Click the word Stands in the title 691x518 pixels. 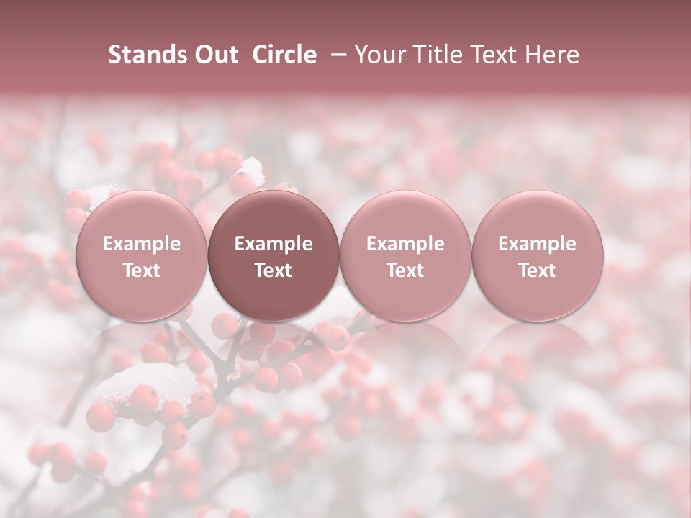tap(146, 55)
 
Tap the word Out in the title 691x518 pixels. tap(214, 55)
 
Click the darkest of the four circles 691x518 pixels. tap(274, 256)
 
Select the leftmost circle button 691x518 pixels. tap(142, 256)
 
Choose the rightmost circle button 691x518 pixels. tap(538, 256)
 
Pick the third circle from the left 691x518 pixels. tap(405, 256)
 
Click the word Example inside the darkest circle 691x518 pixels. tap(274, 244)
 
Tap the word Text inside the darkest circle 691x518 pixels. tap(274, 271)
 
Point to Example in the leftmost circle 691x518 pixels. tap(142, 244)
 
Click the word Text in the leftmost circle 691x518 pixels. tap(142, 271)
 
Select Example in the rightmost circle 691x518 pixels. tap(538, 244)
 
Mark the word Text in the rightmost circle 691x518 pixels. tap(538, 271)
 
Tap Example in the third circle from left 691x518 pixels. tap(405, 244)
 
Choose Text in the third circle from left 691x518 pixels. tap(405, 271)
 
